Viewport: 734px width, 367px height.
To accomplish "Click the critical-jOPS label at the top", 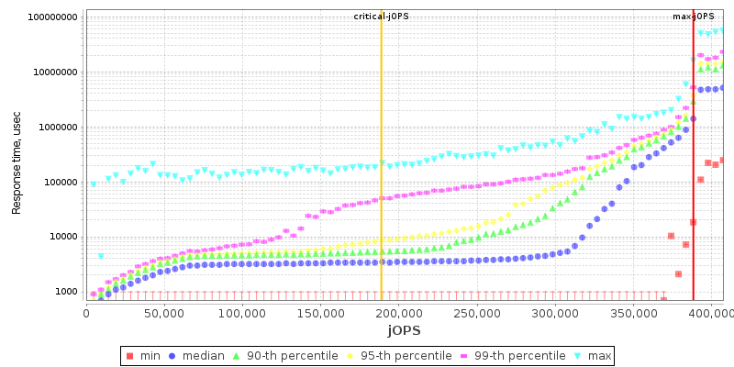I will [x=381, y=17].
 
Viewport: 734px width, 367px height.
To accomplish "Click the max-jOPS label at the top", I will [x=693, y=17].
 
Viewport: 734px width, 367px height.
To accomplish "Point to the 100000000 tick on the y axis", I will [x=52, y=17].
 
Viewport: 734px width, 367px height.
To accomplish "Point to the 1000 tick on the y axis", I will [x=65, y=292].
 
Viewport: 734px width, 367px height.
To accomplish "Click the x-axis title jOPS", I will [x=405, y=329].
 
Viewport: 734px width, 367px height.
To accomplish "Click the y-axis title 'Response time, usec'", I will [x=17, y=158].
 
